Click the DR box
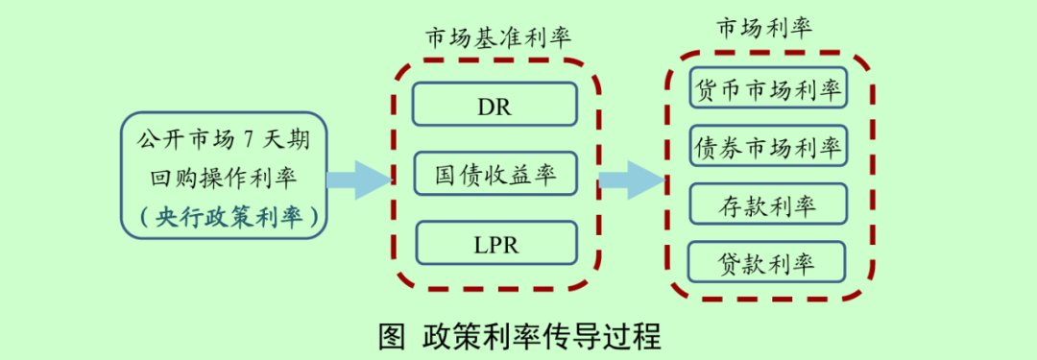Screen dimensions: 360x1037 494,104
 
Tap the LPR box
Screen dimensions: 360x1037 494,243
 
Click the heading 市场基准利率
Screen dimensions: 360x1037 498,38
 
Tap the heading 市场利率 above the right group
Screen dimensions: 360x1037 764,28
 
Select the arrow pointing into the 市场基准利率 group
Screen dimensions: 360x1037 359,180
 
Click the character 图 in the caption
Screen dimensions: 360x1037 390,338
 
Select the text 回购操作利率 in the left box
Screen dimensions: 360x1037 224,178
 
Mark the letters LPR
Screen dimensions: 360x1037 494,244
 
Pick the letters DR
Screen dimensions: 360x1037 494,105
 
